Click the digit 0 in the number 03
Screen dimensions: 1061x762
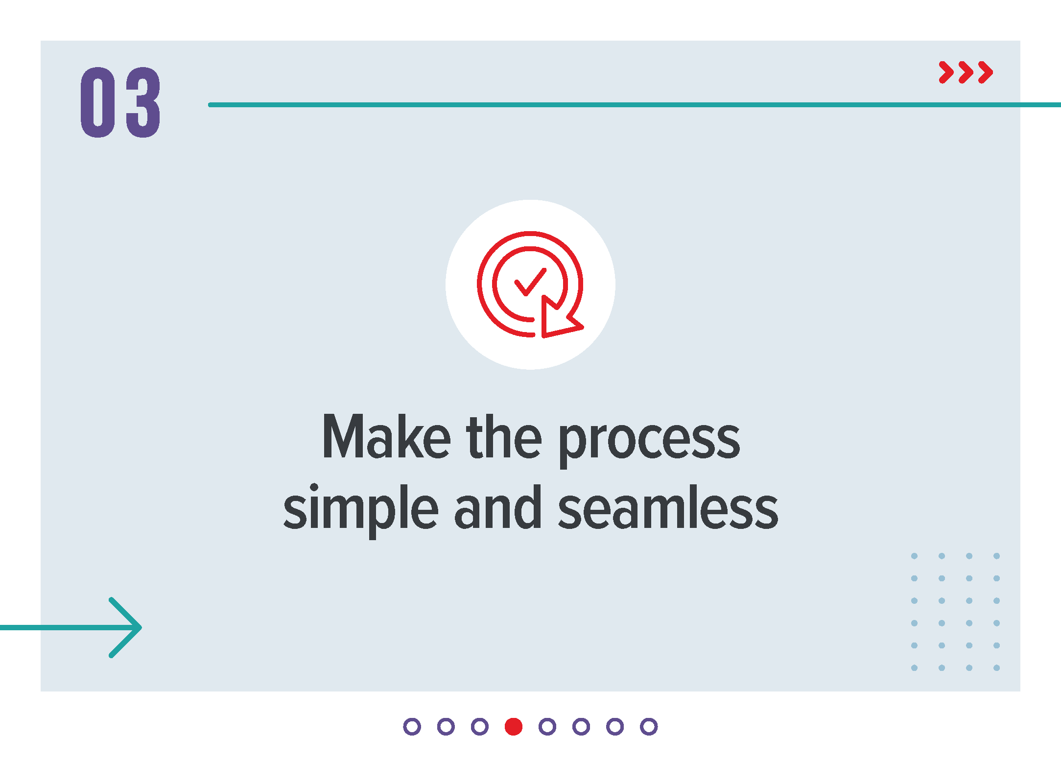[x=98, y=102]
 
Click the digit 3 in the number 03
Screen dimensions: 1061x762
[x=143, y=102]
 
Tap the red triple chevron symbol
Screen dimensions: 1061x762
[x=966, y=72]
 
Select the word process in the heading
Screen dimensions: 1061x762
[x=649, y=441]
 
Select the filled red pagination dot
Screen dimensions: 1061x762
[x=514, y=727]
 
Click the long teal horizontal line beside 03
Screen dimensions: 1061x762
[x=635, y=105]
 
